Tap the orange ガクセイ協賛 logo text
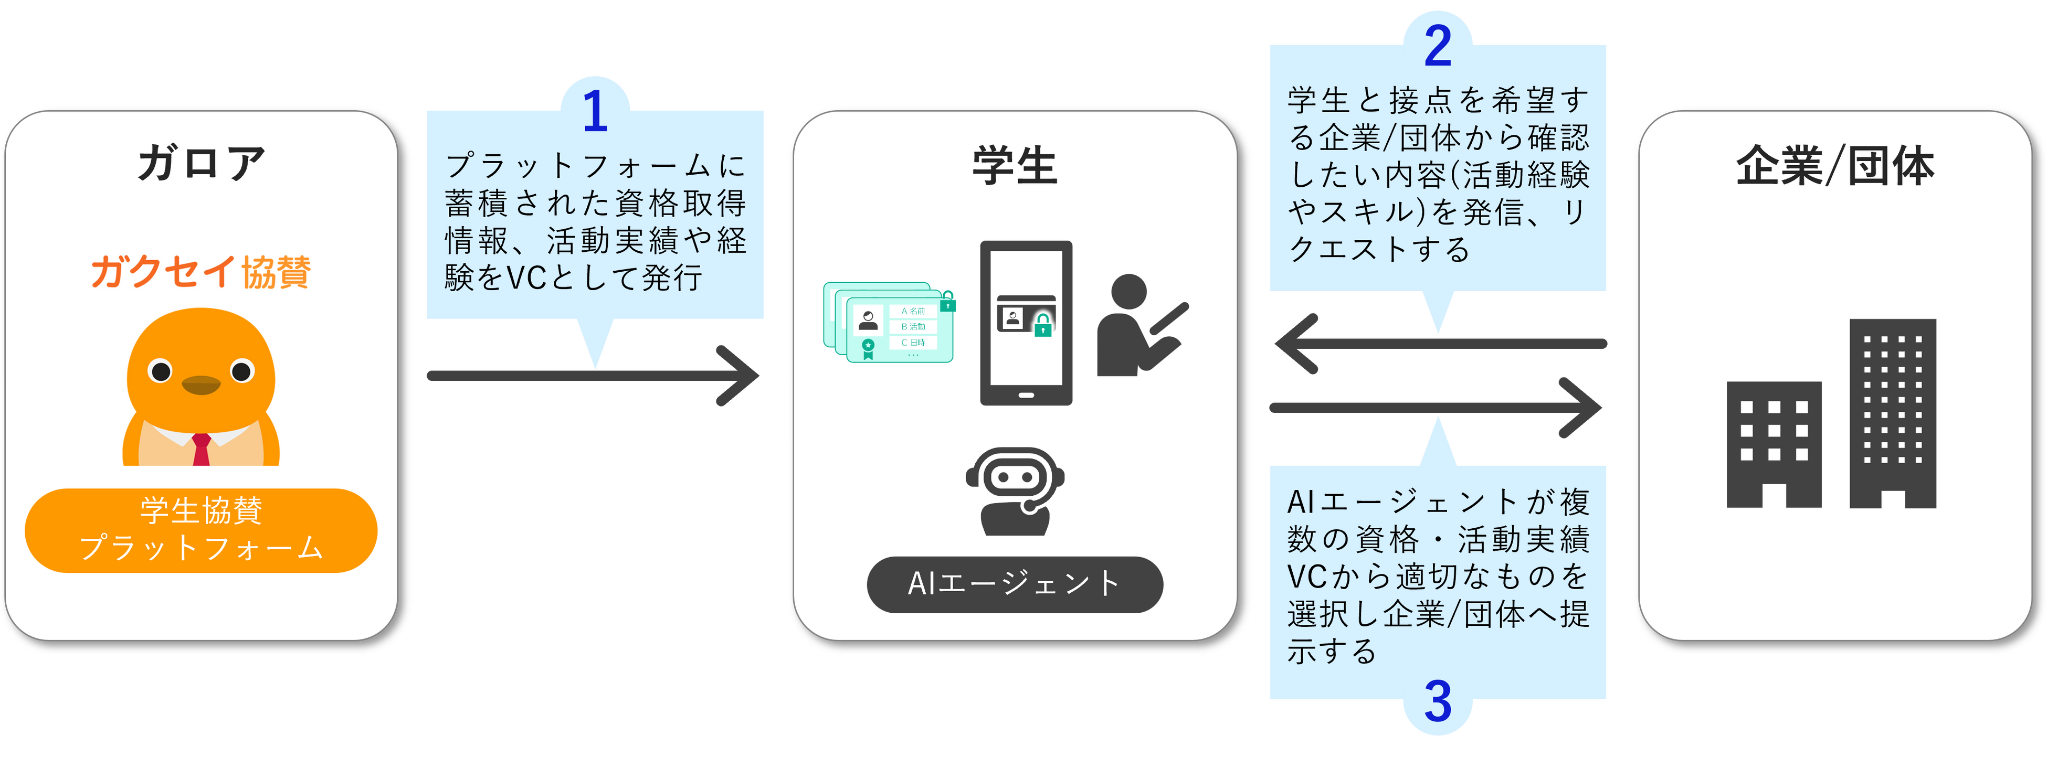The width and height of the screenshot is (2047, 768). click(x=201, y=272)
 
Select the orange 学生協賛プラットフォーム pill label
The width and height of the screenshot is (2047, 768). click(x=201, y=530)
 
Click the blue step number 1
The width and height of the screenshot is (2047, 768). click(x=595, y=111)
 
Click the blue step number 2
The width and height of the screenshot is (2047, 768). click(x=1438, y=46)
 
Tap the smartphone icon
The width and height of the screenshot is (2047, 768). click(x=1026, y=323)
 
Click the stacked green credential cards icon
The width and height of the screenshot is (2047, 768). click(x=889, y=323)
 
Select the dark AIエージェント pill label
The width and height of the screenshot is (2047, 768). click(x=1015, y=584)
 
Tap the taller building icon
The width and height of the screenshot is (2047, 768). click(x=1893, y=413)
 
